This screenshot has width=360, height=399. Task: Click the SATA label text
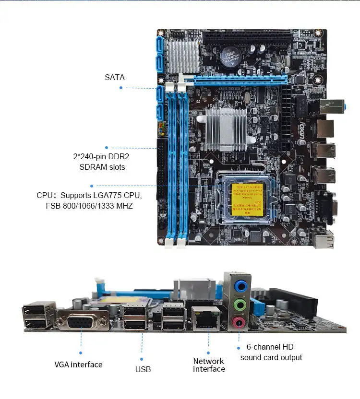tap(114, 77)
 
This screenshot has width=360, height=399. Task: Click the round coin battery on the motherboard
tap(229, 57)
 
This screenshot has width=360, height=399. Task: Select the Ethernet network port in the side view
tap(206, 318)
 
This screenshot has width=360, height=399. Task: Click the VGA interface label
tap(78, 364)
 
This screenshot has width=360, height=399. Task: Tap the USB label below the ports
tap(143, 369)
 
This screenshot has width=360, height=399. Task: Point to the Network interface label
tap(209, 365)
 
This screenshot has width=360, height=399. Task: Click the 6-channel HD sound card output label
tap(271, 352)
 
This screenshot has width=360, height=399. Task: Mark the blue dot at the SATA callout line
tap(121, 88)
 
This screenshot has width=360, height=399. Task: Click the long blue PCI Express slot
tap(240, 79)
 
